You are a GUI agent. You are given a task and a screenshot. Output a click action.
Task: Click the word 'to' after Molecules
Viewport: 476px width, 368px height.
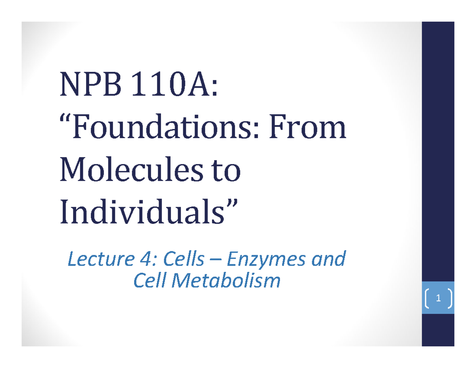click(x=226, y=171)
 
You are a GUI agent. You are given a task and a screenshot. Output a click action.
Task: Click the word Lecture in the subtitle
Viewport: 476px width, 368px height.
click(x=92, y=260)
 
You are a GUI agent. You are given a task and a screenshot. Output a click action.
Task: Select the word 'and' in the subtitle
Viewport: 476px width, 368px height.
click(x=327, y=260)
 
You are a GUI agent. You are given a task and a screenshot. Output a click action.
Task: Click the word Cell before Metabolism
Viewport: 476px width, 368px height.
click(x=149, y=281)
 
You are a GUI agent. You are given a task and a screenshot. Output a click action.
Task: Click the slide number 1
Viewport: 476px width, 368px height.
click(x=438, y=299)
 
